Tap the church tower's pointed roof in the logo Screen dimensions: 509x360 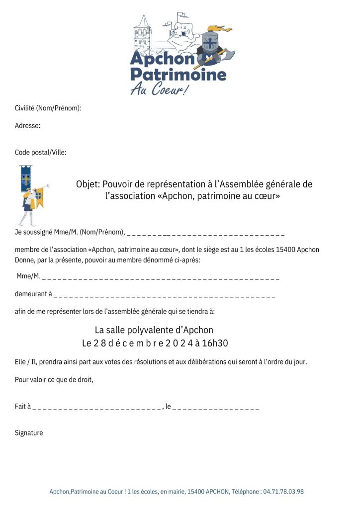tap(143, 22)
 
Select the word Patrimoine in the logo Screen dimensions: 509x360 tap(178, 75)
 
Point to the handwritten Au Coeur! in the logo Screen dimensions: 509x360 tap(160, 90)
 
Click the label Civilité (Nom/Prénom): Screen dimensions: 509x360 tap(48, 108)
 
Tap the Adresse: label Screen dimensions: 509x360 tap(28, 126)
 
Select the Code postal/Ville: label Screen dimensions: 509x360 tap(41, 152)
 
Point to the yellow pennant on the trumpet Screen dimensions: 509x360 tap(39, 198)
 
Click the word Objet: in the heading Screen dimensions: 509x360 tap(88, 184)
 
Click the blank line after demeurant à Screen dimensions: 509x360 tap(164, 294)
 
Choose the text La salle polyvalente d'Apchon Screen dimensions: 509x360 tap(154, 330)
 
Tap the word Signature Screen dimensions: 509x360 tap(29, 433)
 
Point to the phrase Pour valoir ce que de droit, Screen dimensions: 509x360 tap(54, 380)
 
